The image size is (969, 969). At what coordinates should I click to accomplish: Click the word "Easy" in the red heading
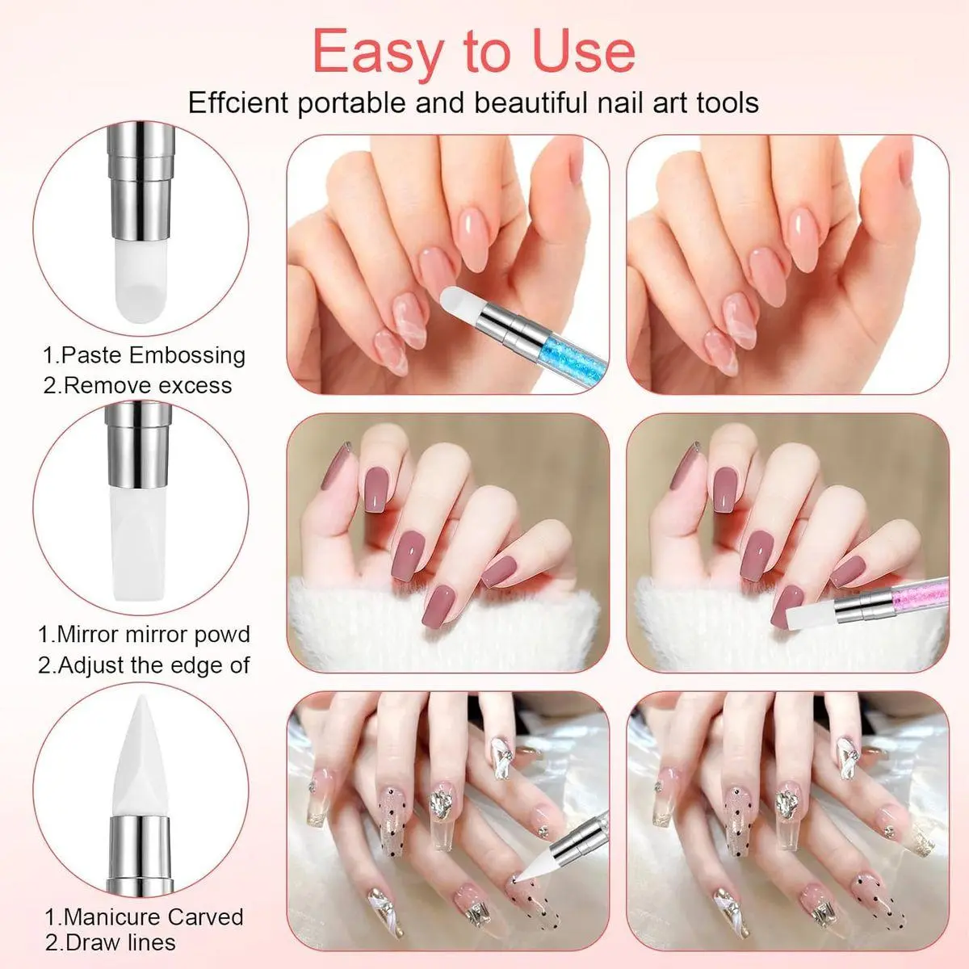click(x=379, y=52)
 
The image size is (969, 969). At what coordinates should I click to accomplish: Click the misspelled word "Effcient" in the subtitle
click(x=238, y=103)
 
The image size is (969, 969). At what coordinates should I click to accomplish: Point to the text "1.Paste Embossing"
click(x=145, y=355)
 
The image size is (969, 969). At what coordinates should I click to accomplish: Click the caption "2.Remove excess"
click(x=137, y=386)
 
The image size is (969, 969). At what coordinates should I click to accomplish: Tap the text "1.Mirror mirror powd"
click(x=144, y=634)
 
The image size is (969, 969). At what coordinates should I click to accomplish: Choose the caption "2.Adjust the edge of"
click(x=144, y=665)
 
